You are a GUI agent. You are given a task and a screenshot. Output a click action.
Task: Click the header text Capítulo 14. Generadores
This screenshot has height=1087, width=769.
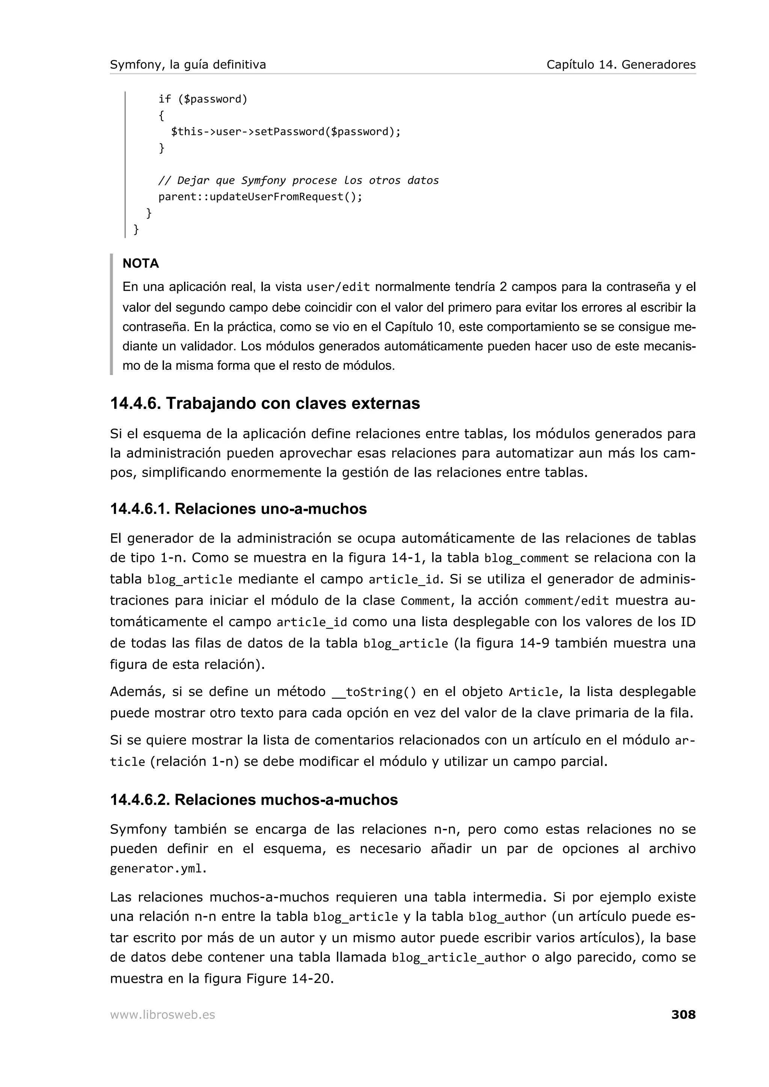[621, 65]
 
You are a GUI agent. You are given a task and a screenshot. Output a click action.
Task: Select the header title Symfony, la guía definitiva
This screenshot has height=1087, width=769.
[188, 65]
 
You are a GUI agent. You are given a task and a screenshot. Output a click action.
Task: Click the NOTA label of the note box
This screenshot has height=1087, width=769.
[141, 263]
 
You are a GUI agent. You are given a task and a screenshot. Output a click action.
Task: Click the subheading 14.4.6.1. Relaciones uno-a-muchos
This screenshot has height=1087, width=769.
[238, 509]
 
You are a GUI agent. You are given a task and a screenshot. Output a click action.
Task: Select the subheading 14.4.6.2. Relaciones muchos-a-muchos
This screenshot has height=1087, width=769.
[254, 800]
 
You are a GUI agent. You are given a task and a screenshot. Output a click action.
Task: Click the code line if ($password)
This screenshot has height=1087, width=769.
[203, 99]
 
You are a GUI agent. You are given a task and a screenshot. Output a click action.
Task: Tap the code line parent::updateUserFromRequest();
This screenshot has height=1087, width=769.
[260, 197]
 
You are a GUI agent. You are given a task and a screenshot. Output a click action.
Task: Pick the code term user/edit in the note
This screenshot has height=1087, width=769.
[338, 287]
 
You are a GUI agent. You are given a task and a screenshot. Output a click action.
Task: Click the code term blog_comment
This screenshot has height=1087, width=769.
[526, 559]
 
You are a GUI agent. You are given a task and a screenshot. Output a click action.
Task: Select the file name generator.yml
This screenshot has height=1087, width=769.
[158, 869]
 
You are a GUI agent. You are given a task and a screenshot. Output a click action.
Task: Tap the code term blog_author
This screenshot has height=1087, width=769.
[507, 917]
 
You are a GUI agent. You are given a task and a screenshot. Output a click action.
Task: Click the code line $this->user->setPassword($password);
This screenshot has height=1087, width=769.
[286, 132]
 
